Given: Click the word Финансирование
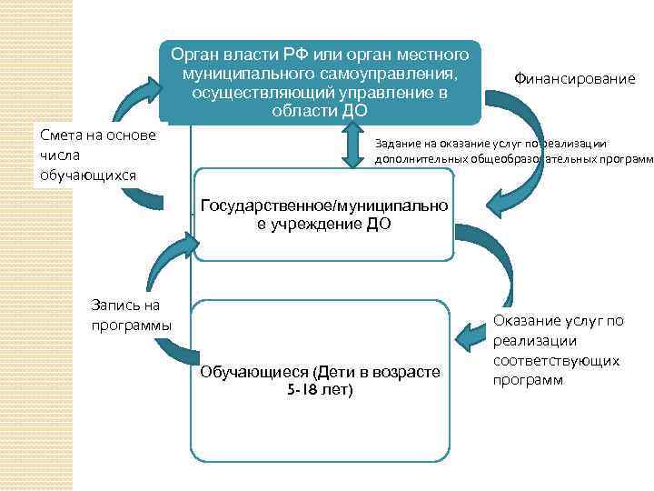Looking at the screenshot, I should tap(574, 79).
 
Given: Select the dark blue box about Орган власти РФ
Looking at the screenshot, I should tap(320, 80).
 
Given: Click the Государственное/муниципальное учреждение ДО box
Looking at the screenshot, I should tap(323, 214).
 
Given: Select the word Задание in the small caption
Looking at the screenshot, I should tap(399, 143).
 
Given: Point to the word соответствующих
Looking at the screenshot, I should tap(557, 360).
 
